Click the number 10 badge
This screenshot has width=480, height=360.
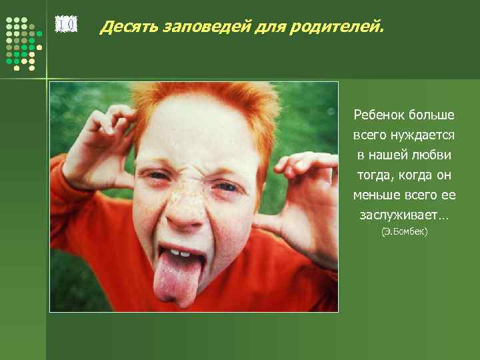[x=65, y=25]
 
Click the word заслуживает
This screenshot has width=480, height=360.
[x=402, y=215]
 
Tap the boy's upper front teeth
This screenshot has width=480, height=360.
[x=178, y=252]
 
